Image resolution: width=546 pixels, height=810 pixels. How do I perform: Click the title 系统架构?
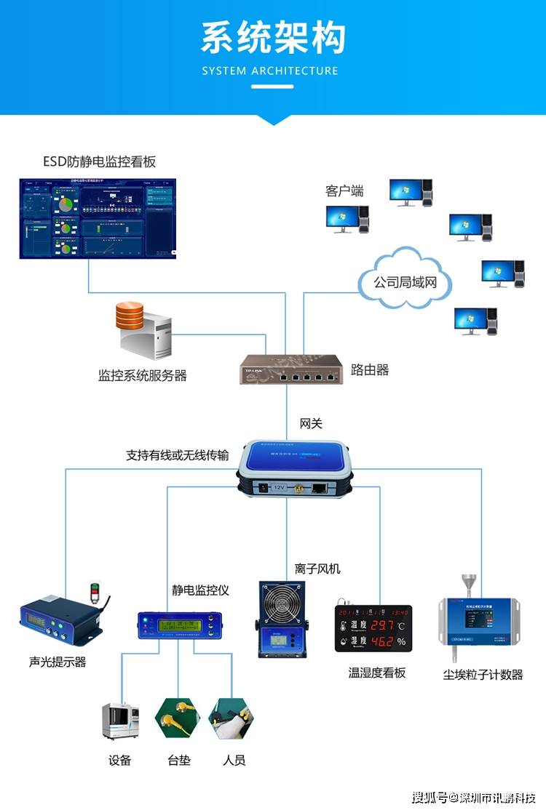coord(273,38)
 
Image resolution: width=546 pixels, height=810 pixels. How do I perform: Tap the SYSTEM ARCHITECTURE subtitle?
coord(270,71)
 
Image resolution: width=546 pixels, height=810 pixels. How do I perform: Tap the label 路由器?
coord(370,370)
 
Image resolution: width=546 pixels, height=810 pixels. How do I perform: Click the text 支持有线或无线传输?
coord(177,455)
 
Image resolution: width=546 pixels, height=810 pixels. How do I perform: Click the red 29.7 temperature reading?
coord(382,624)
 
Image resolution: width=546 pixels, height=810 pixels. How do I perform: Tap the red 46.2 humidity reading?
coord(382,641)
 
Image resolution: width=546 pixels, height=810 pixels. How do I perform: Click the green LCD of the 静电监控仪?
coord(178,625)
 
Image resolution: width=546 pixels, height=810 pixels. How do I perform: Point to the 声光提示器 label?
coord(58,662)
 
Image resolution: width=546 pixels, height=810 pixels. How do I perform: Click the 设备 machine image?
coord(120,721)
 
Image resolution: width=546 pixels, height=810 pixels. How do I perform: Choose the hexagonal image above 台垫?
coord(178,719)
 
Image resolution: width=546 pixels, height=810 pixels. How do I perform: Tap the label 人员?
coord(234,761)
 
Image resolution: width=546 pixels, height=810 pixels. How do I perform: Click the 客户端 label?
coord(344,191)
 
